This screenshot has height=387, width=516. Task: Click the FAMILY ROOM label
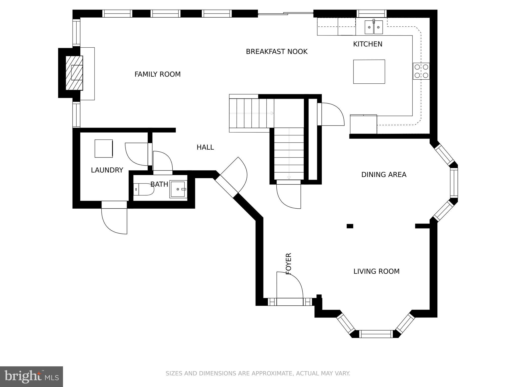click(x=157, y=74)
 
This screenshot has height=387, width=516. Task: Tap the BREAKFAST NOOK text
click(x=277, y=52)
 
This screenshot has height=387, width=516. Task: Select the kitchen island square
click(x=369, y=72)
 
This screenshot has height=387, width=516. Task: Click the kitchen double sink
click(x=374, y=27)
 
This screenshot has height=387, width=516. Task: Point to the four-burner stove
click(x=421, y=71)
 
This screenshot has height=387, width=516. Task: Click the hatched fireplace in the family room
click(x=74, y=73)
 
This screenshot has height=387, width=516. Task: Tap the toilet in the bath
click(x=144, y=189)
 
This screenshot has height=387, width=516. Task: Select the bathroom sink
click(x=178, y=189)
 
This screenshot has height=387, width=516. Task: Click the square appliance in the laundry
click(x=104, y=149)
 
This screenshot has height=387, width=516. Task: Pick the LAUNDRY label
click(x=107, y=170)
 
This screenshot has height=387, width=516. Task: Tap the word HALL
click(x=205, y=147)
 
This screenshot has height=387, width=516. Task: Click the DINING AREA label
click(x=384, y=175)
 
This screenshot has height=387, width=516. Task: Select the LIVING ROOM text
click(x=376, y=271)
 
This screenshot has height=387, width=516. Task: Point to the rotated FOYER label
click(x=289, y=264)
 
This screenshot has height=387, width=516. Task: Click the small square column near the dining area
click(x=350, y=226)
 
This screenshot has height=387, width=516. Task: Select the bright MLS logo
click(x=31, y=377)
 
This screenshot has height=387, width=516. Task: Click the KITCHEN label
click(x=368, y=44)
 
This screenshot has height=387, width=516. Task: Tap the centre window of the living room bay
click(x=376, y=334)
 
